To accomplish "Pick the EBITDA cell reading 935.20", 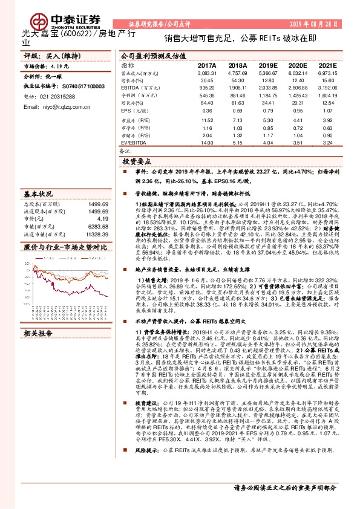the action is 207,88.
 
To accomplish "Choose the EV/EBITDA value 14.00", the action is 207,143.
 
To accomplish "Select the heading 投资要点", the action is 137,163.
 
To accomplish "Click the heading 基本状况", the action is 36,195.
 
